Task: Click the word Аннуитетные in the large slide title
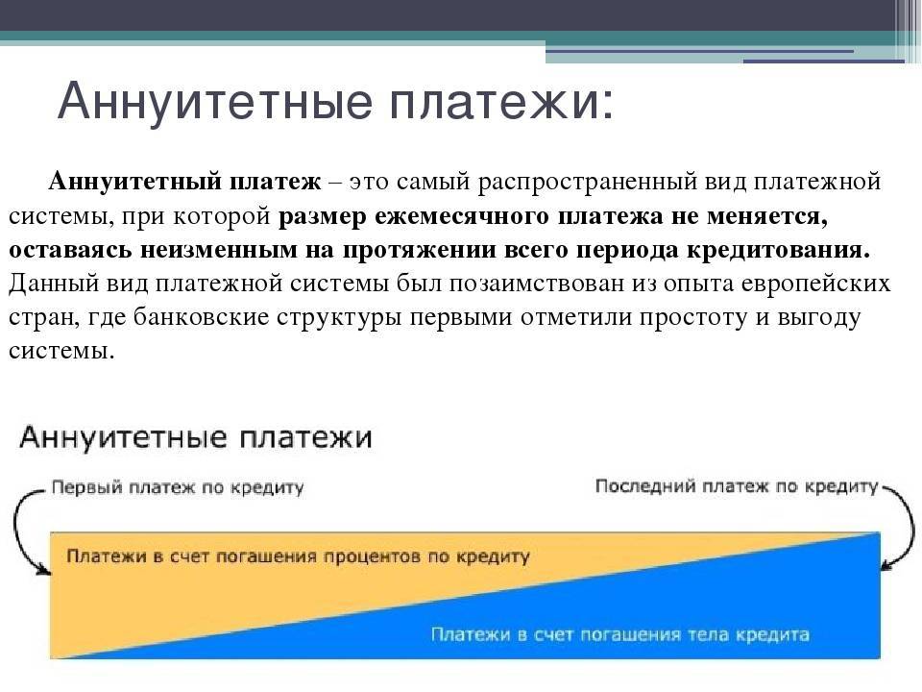(x=215, y=100)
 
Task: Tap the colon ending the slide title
(x=607, y=104)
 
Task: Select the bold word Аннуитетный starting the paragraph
(x=136, y=181)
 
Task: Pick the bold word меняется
(x=767, y=216)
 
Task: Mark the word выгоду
(x=819, y=318)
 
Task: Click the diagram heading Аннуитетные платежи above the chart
(x=196, y=438)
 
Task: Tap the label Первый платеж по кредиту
(x=178, y=488)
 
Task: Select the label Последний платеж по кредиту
(x=737, y=486)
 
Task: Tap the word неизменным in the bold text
(x=219, y=250)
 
